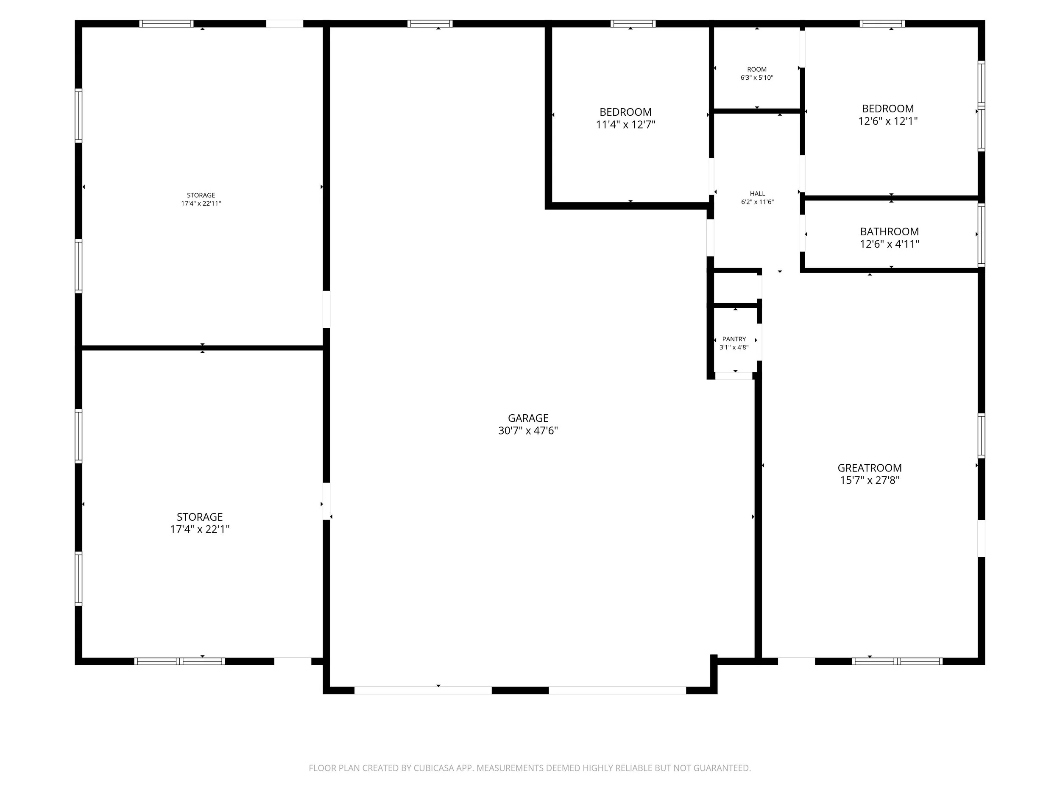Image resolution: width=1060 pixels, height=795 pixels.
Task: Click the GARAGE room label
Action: [527, 418]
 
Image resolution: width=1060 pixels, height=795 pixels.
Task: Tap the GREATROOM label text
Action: [869, 468]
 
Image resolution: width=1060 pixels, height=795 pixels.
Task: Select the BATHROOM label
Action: [889, 232]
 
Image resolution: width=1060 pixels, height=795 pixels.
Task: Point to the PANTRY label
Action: [734, 339]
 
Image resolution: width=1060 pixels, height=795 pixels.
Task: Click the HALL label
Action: [757, 194]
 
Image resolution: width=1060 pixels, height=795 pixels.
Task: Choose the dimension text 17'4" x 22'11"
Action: [201, 203]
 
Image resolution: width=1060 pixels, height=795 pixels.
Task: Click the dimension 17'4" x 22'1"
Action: [200, 529]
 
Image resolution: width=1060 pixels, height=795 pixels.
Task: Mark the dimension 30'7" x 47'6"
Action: [527, 430]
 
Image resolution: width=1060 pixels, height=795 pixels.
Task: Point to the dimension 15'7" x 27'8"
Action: [869, 480]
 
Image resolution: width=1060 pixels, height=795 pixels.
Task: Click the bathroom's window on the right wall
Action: [981, 235]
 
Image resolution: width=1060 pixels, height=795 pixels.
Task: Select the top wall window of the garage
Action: [430, 23]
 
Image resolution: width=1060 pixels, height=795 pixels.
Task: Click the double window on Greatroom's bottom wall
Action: [897, 661]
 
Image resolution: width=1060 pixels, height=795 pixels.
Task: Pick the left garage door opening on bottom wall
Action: [423, 690]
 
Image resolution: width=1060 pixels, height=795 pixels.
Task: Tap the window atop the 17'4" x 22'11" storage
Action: [166, 23]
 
